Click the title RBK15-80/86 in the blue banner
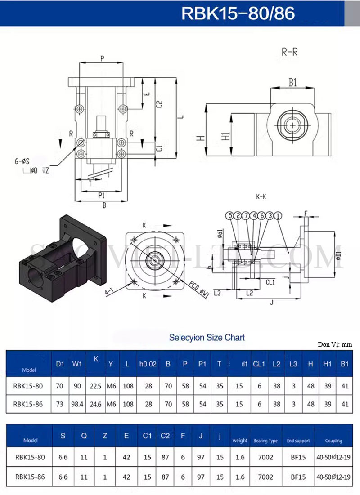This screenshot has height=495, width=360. [238, 13]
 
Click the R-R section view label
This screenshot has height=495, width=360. [289, 52]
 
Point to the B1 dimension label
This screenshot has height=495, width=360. [293, 82]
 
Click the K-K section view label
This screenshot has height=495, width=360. [261, 196]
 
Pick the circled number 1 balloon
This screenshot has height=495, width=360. [279, 216]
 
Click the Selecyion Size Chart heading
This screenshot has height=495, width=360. [207, 337]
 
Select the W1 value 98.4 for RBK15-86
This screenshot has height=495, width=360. [77, 404]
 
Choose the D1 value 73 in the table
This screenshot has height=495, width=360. [60, 404]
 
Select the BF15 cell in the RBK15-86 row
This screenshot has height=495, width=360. [298, 477]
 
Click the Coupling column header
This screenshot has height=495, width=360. [333, 441]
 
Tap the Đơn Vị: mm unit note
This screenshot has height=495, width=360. [334, 344]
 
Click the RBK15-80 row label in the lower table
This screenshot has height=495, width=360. [30, 457]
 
